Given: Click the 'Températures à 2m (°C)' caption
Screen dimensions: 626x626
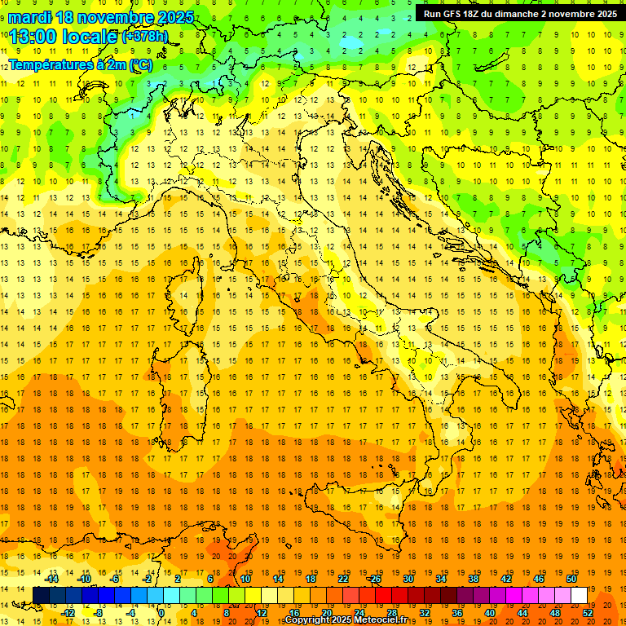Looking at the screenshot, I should pyautogui.click(x=80, y=64).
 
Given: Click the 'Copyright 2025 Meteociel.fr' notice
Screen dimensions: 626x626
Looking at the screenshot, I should pyautogui.click(x=350, y=620).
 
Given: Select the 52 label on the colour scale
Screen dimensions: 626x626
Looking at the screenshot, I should pyautogui.click(x=587, y=612).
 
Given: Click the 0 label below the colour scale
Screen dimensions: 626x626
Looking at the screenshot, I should pyautogui.click(x=161, y=612).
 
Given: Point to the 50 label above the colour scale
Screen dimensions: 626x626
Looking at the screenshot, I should pyautogui.click(x=571, y=579).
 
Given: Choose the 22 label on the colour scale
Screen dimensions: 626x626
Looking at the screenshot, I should pyautogui.click(x=343, y=579).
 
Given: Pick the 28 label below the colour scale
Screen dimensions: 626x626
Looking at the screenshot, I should pyautogui.click(x=391, y=612).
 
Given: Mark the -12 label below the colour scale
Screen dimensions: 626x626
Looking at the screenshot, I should pyautogui.click(x=68, y=612).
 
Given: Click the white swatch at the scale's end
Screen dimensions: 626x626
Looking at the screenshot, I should pyautogui.click(x=579, y=596).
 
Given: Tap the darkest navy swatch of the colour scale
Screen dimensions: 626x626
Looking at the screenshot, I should pyautogui.click(x=41, y=596).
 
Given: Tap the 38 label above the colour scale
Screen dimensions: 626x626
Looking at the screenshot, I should pyautogui.click(x=474, y=579).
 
